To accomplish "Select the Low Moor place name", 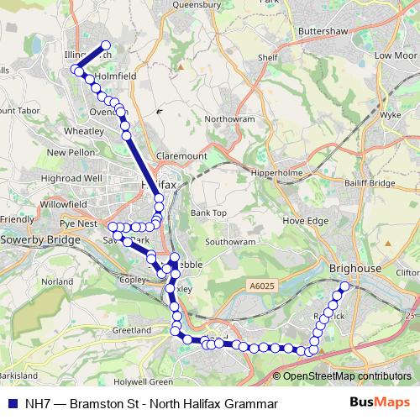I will click(394, 55).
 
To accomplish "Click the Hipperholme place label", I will click(279, 174).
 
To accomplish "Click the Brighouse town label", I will click(356, 268).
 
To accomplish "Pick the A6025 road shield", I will click(261, 286).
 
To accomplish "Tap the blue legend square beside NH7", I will click(11, 402).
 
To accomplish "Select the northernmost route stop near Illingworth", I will click(107, 46).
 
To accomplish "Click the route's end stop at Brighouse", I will click(344, 287).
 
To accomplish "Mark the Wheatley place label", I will click(82, 131).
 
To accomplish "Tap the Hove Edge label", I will click(306, 221).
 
